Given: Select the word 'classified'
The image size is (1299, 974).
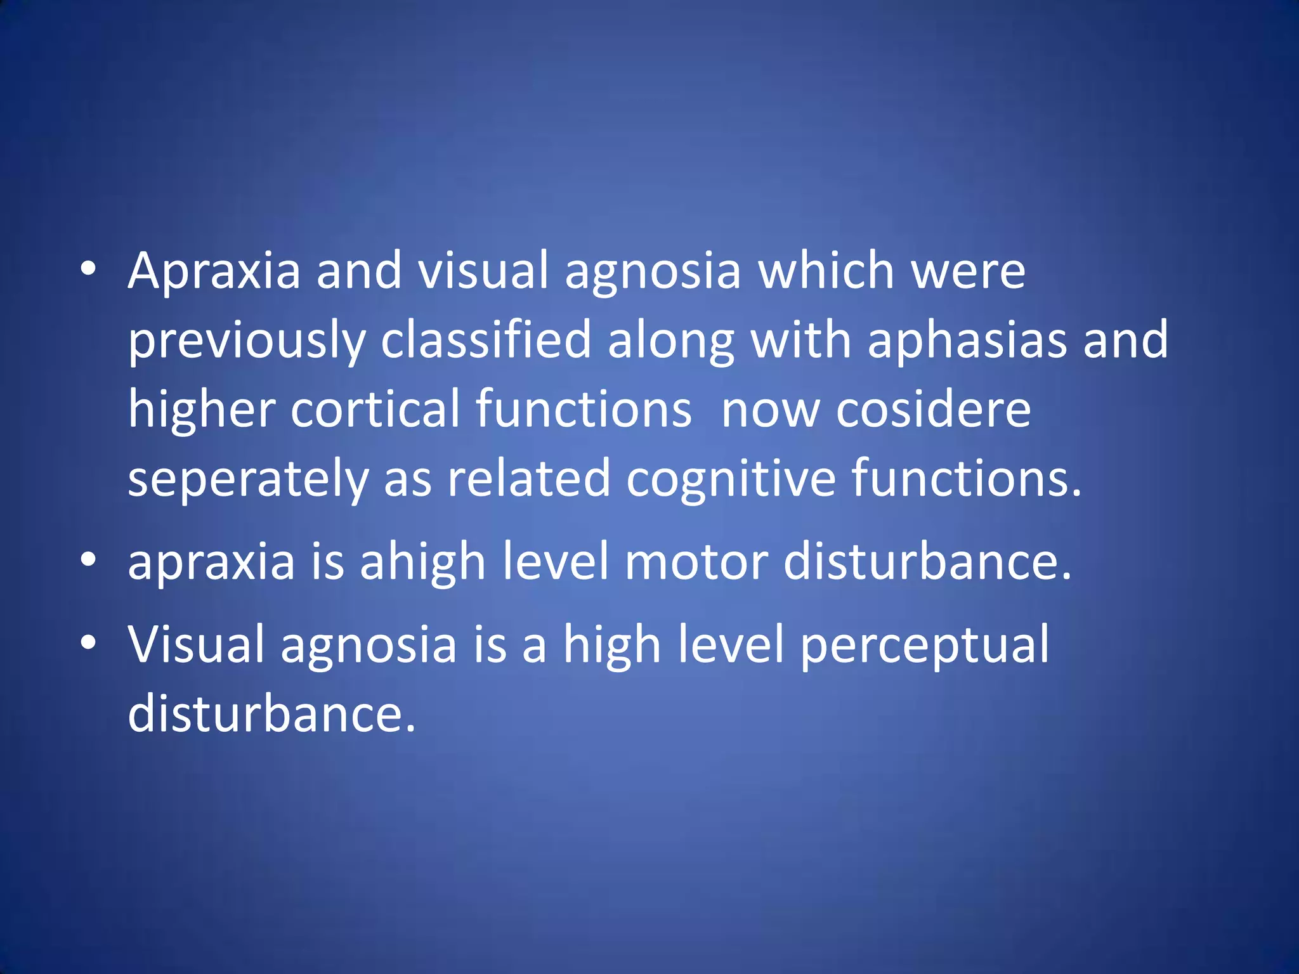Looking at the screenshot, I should [x=486, y=340].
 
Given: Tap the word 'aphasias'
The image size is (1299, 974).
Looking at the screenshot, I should [x=967, y=340].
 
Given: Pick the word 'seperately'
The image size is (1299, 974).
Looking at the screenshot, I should [x=248, y=479].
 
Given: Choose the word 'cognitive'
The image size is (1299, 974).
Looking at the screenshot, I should [x=731, y=479].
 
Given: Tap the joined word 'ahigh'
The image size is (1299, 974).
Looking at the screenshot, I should [x=423, y=562].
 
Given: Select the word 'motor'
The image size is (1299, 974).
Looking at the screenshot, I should [x=696, y=561].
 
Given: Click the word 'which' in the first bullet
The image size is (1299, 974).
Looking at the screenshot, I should [x=826, y=271].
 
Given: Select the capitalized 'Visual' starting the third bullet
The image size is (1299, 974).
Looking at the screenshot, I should [x=196, y=644].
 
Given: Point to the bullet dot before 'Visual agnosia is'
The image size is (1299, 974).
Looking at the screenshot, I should [x=88, y=642].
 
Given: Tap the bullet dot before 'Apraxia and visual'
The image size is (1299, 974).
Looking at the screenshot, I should [x=88, y=269].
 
